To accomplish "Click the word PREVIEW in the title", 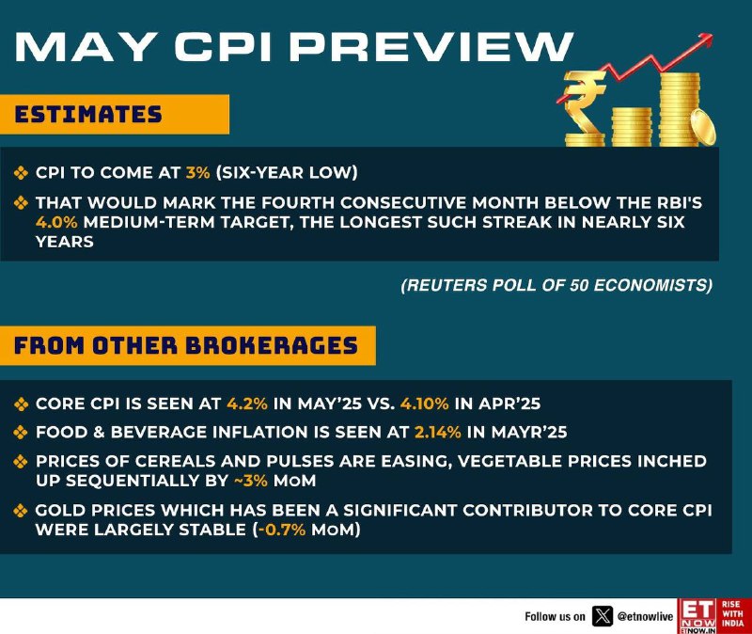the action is [431, 47].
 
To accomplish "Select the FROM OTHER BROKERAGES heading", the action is [186, 345].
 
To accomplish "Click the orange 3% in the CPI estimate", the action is [197, 172].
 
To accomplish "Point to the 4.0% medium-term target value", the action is [56, 222].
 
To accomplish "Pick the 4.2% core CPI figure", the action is [247, 404].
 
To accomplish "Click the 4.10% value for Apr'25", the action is [425, 404].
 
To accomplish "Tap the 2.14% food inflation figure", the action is [437, 432].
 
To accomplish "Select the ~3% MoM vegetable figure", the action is [250, 481].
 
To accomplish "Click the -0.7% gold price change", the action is [281, 530].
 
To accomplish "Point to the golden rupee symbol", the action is [584, 109].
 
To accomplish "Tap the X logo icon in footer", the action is [603, 616].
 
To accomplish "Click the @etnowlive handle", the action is [645, 617].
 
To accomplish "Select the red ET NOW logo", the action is [697, 616].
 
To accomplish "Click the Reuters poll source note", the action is [556, 285].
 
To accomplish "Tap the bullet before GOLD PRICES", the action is [21, 510].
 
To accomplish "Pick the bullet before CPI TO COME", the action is [21, 173].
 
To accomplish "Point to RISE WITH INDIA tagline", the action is [733, 613].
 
